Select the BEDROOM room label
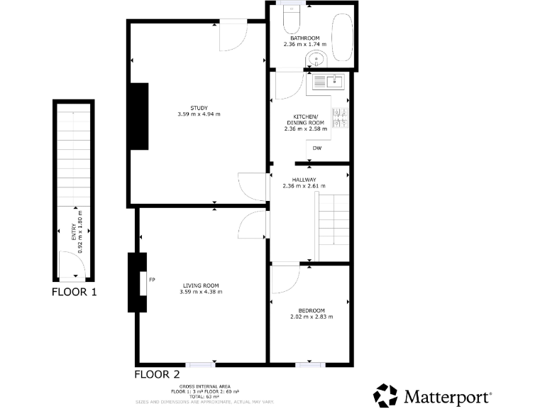(x=311, y=310)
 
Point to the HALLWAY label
(x=304, y=180)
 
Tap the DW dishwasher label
(x=317, y=148)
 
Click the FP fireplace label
(x=152, y=280)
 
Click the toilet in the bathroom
(x=292, y=19)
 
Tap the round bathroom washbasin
(x=316, y=60)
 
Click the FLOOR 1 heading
(x=74, y=292)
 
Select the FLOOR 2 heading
(x=157, y=373)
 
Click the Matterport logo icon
(x=386, y=395)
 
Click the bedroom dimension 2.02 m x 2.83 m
(x=311, y=317)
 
